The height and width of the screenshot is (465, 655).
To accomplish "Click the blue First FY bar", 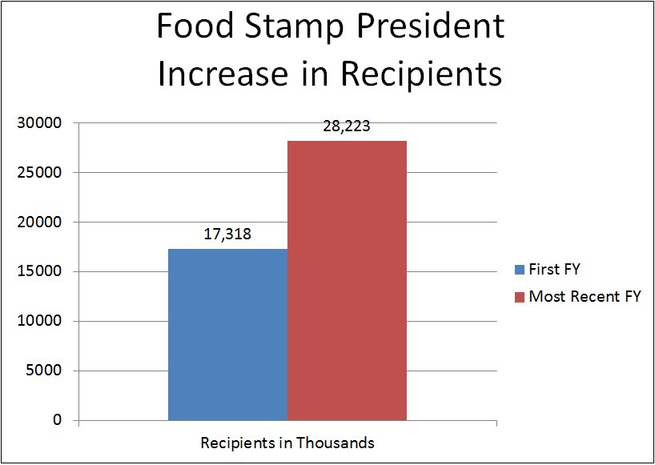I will click(x=227, y=335).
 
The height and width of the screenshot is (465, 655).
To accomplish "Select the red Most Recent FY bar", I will click(x=347, y=280).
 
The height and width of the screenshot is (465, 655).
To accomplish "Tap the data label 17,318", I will click(x=227, y=235).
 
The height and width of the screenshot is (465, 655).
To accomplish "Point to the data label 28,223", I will click(x=347, y=126).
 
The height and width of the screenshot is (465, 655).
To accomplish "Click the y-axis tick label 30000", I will click(x=42, y=123).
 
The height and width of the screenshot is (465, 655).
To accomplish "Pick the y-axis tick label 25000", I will click(x=42, y=173).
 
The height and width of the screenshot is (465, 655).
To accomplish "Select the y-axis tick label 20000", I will click(x=42, y=222).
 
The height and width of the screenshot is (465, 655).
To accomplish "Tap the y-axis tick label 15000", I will click(x=42, y=272).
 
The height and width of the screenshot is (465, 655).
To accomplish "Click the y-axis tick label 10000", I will click(x=42, y=322).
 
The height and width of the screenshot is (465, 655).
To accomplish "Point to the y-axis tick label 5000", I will click(x=46, y=371).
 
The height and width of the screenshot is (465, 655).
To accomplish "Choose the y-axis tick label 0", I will click(x=58, y=421).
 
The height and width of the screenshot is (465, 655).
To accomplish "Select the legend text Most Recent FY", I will click(x=585, y=297).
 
